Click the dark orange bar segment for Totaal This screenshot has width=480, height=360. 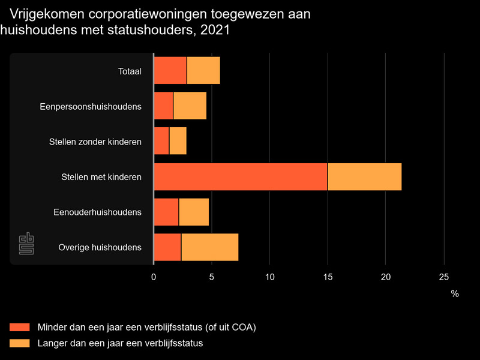(x=170, y=71)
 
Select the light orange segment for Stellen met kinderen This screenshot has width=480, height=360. (x=364, y=177)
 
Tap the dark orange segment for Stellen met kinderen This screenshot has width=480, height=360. (x=241, y=177)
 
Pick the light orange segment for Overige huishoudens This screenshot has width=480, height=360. (x=209, y=247)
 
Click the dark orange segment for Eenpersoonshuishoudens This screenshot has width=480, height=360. (x=164, y=106)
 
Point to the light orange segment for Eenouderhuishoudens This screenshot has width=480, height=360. (x=194, y=212)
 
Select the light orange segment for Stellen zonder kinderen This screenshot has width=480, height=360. (x=178, y=142)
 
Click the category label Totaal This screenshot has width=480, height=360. (x=130, y=71)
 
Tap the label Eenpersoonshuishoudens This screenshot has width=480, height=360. (x=91, y=107)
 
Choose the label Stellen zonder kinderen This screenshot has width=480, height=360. (x=95, y=142)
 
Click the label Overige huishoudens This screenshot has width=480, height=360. (x=100, y=247)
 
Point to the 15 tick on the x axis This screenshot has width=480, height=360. (x=328, y=277)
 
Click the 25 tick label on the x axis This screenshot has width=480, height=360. (x=443, y=277)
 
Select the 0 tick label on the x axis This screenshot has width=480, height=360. (x=154, y=277)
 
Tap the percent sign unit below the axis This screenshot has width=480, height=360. (x=455, y=294)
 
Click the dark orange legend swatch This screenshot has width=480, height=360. (x=19, y=327)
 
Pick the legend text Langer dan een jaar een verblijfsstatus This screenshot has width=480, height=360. (x=120, y=343)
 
